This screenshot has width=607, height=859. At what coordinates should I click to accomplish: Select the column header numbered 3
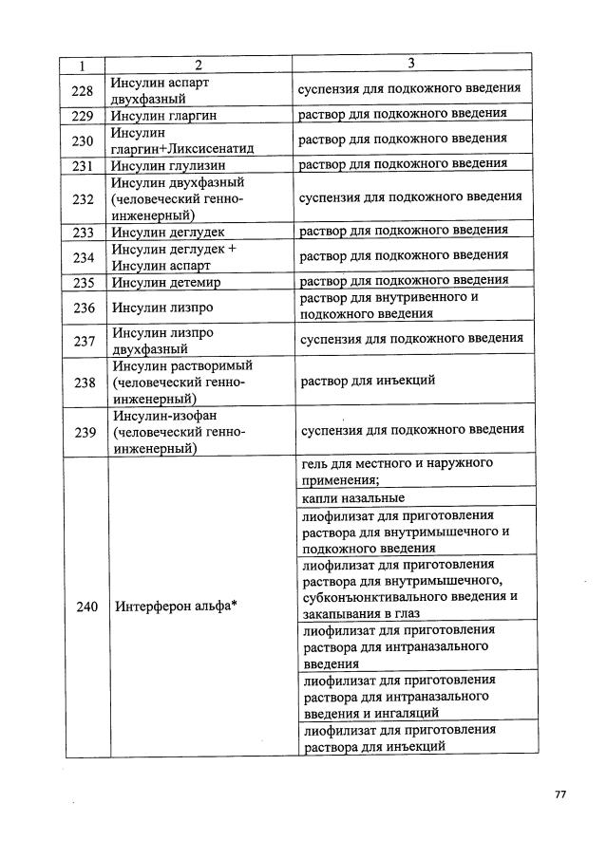(410, 64)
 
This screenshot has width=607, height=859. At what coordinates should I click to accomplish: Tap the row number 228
(83, 90)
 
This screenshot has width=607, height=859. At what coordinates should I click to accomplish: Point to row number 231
(83, 164)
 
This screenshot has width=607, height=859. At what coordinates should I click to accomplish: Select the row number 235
(83, 282)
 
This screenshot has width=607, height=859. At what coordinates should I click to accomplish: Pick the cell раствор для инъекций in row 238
(368, 381)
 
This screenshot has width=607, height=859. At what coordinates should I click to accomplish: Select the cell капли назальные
(353, 498)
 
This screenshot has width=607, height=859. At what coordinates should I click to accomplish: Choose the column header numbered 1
(83, 65)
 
